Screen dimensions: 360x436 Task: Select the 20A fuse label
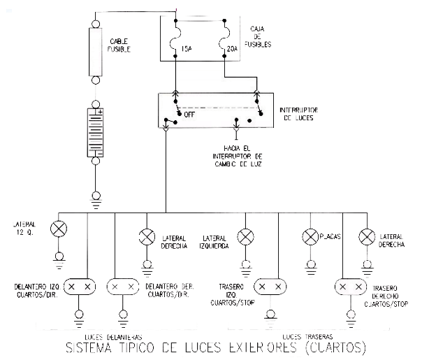coord(233,50)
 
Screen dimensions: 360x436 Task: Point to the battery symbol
coord(94,131)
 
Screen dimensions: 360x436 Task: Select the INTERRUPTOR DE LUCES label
coord(300,115)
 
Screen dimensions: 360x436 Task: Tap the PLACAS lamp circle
coord(309,237)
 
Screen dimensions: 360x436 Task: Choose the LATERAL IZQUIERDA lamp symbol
coord(245,237)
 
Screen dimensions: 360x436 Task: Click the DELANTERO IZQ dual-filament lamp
coord(78,287)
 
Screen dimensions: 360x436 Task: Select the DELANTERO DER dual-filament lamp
coord(123,287)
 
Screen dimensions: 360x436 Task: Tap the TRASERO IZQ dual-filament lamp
coord(270,287)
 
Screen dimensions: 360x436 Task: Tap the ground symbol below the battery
coord(94,204)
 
